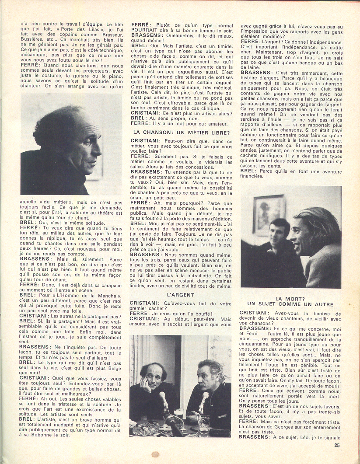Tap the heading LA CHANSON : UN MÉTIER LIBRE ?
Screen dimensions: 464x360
(181, 132)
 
